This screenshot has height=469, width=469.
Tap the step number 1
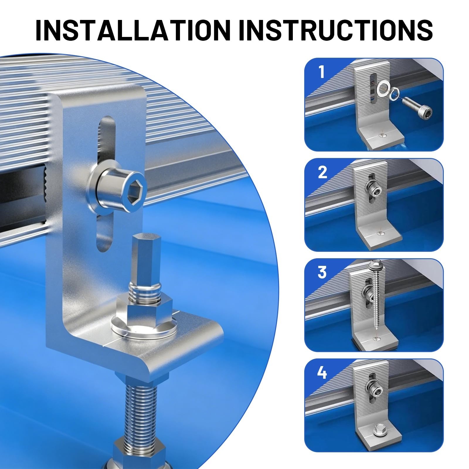pyautogui.click(x=322, y=72)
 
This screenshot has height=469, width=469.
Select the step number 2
pyautogui.click(x=322, y=172)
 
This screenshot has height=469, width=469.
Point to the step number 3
pyautogui.click(x=322, y=272)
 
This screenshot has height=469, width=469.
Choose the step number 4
pyautogui.click(x=322, y=373)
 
